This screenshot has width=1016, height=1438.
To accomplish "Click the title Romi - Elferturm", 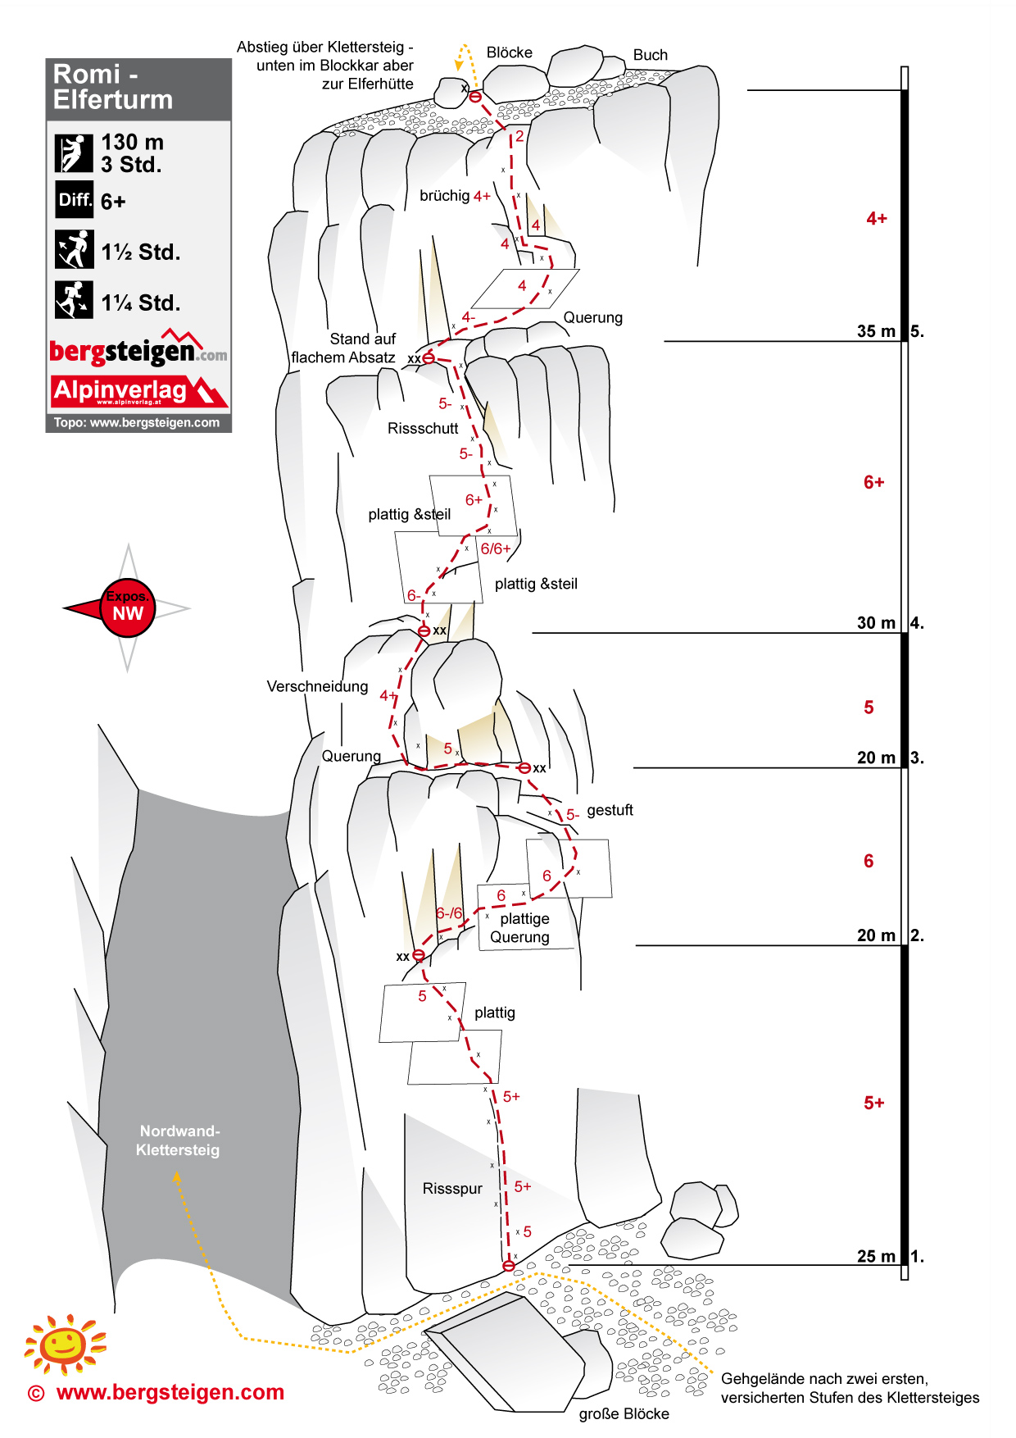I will coord(113,87).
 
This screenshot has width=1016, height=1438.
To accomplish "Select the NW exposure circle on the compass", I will coord(128,608).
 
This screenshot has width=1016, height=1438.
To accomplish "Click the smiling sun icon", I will coord(65,1345).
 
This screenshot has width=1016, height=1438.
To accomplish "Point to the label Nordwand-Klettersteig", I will coord(179,1140).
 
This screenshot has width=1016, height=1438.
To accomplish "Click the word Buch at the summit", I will coord(650,55).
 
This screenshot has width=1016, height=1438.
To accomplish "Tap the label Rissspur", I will coord(452,1189).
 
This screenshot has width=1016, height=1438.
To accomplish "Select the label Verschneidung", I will coord(317,686).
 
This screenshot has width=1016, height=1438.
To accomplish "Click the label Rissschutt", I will coord(423,428).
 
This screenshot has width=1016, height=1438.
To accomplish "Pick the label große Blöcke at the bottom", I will coord(624,1413).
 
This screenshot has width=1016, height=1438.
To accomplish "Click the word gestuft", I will coord(610,810).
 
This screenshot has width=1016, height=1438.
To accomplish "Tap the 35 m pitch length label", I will coord(876,331).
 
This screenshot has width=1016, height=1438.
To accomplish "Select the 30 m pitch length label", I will coord(876,623).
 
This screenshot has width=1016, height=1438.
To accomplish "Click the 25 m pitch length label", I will coord(876,1256).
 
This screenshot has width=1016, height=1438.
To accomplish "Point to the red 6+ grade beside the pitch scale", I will coord(873,483).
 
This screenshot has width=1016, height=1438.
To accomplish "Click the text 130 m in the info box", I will coord(132,143).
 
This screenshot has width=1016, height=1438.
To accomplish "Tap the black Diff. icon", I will coord(75,200).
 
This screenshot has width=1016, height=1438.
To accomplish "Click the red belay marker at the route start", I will coord(508,1266).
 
